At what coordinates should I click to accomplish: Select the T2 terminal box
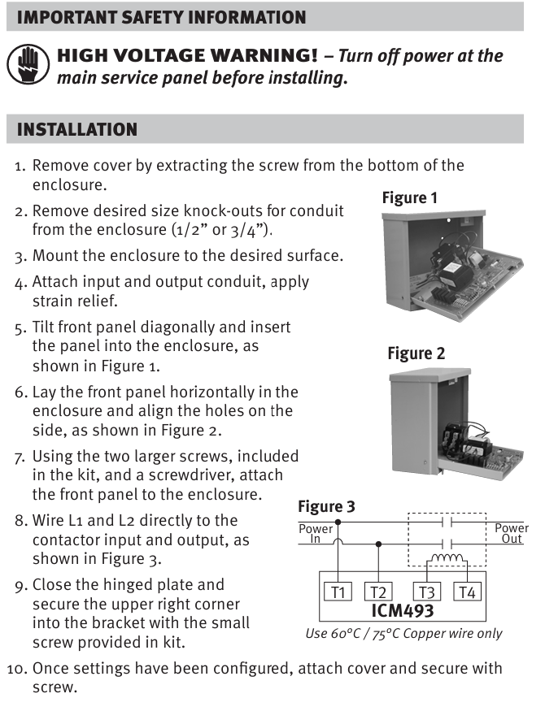[x=378, y=592]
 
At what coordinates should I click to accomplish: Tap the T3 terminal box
[x=426, y=592]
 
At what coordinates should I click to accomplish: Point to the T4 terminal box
[x=466, y=592]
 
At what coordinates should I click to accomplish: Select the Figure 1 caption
[x=410, y=197]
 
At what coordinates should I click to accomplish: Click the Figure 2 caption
[x=416, y=353]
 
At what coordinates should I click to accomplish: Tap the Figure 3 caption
[x=326, y=507]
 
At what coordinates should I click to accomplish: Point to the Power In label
[x=316, y=534]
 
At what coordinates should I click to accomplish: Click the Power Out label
[x=512, y=534]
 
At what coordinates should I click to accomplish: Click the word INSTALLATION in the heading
[x=77, y=130]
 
